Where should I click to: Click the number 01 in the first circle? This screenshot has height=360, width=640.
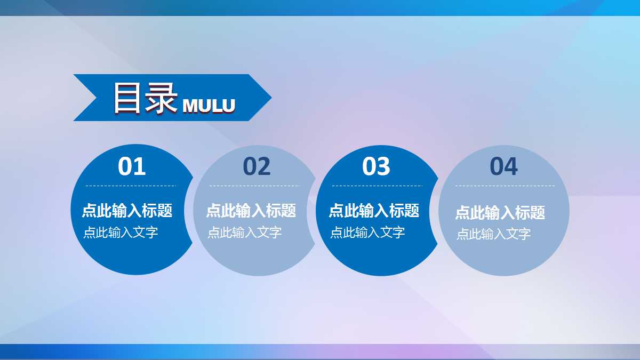coord(132,166)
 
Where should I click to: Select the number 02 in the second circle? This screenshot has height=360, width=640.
coord(257,166)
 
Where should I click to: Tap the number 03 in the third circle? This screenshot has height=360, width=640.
coord(376,166)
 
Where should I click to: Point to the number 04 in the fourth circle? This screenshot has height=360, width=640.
coord(503,166)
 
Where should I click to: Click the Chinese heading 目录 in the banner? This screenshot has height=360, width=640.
coord(145,98)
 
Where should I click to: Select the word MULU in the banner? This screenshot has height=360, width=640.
coord(209,106)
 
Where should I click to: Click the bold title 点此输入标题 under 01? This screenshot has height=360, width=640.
coord(127,211)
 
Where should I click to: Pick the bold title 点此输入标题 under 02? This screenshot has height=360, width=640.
coord(251,211)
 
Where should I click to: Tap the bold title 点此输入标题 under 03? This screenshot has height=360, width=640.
coord(374,211)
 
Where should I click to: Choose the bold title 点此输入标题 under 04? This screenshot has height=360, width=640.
coord(500,213)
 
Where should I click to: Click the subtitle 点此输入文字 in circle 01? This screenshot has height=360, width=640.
coord(121,233)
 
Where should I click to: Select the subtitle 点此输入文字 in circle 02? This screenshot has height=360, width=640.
coord(244,233)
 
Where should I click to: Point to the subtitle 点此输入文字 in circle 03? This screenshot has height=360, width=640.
coord(367,233)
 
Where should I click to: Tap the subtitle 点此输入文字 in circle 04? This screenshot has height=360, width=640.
coord(493,234)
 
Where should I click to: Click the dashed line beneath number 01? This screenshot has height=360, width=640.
coord(131,186)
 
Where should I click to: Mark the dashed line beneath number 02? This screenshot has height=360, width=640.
coord(254,186)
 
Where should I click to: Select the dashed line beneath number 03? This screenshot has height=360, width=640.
coord(377,186)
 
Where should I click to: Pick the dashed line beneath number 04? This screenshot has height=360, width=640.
coord(505,186)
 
